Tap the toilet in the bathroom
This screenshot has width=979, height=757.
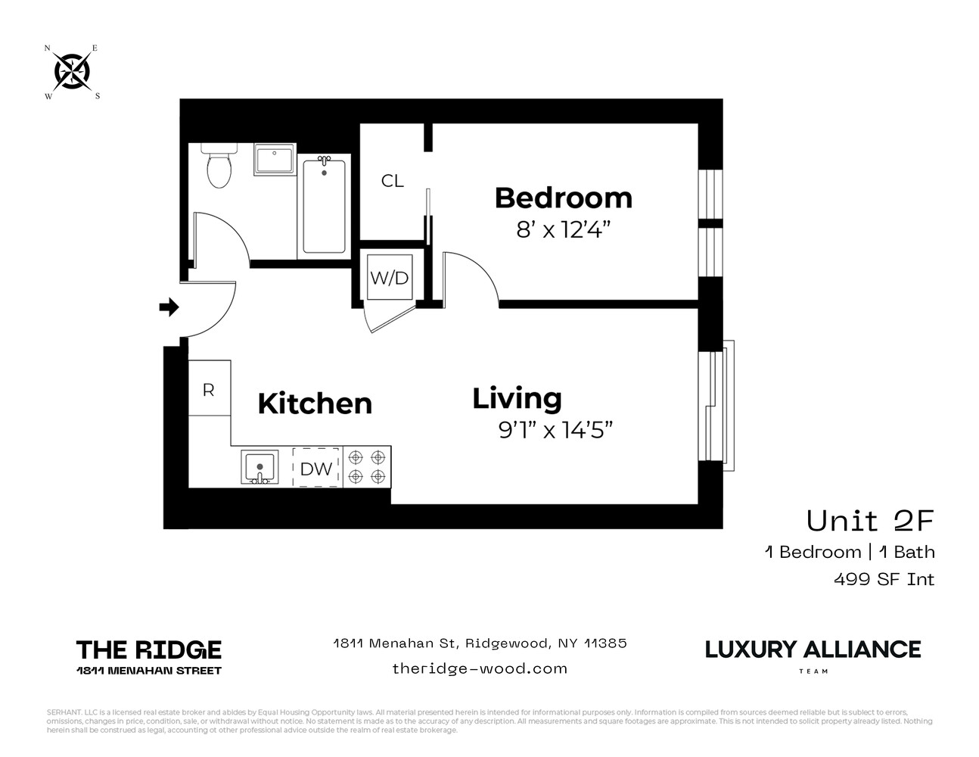click(219, 168)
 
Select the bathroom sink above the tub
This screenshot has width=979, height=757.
click(274, 160)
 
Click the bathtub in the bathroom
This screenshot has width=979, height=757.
click(324, 205)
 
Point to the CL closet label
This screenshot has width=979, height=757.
click(392, 181)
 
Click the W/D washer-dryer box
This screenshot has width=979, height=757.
click(389, 278)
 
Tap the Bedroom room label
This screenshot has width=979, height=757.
click(563, 198)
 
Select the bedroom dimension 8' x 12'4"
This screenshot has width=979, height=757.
click(563, 229)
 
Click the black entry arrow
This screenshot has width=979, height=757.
click(169, 307)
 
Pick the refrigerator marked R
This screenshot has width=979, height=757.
click(209, 389)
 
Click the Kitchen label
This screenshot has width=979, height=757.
click(315, 403)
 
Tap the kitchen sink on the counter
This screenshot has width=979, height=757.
click(260, 467)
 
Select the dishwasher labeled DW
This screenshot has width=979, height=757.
click(316, 469)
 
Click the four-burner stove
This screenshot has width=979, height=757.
click(367, 467)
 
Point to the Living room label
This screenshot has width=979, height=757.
click(517, 398)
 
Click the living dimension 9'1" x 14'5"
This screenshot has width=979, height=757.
click(555, 430)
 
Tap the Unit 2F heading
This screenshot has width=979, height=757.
click(870, 521)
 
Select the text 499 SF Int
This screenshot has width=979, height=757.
click(884, 579)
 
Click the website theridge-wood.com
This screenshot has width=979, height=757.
click(480, 668)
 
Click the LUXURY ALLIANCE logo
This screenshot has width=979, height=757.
click(813, 650)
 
